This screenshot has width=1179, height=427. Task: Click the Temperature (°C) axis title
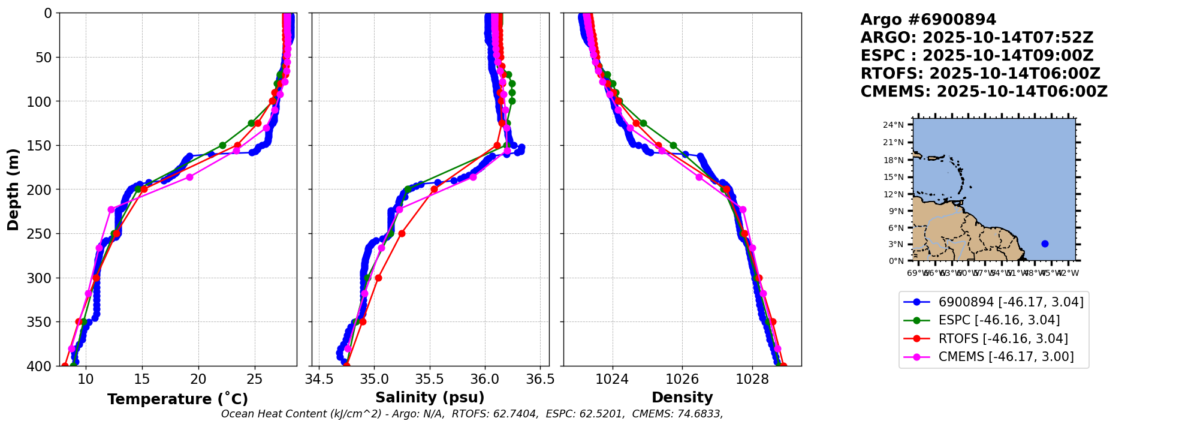pyautogui.click(x=177, y=399)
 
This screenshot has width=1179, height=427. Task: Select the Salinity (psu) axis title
pyautogui.click(x=430, y=398)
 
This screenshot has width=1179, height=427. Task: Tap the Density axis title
pyautogui.click(x=682, y=398)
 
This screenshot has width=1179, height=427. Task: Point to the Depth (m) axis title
pyautogui.click(x=13, y=190)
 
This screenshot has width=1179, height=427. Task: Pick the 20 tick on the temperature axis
pyautogui.click(x=198, y=379)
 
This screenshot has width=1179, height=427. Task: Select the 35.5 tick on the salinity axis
pyautogui.click(x=430, y=379)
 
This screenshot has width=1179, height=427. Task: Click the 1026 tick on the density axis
pyautogui.click(x=683, y=379)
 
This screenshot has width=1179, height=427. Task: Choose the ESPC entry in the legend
pyautogui.click(x=999, y=320)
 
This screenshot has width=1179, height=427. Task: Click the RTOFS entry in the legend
pyautogui.click(x=1003, y=339)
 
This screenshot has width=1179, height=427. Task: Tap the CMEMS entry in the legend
pyautogui.click(x=1006, y=357)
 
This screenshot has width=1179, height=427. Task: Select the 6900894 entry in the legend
pyautogui.click(x=1011, y=302)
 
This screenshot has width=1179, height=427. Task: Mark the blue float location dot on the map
pyautogui.click(x=1045, y=243)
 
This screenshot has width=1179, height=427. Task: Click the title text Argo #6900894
pyautogui.click(x=928, y=20)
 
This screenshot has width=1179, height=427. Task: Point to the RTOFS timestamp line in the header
pyautogui.click(x=980, y=74)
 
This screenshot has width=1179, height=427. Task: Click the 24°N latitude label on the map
pyautogui.click(x=893, y=125)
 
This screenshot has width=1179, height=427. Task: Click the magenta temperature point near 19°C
pyautogui.click(x=189, y=177)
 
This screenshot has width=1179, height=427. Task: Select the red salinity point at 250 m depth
pyautogui.click(x=402, y=233)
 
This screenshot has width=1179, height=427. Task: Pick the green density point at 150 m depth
pyautogui.click(x=673, y=145)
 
